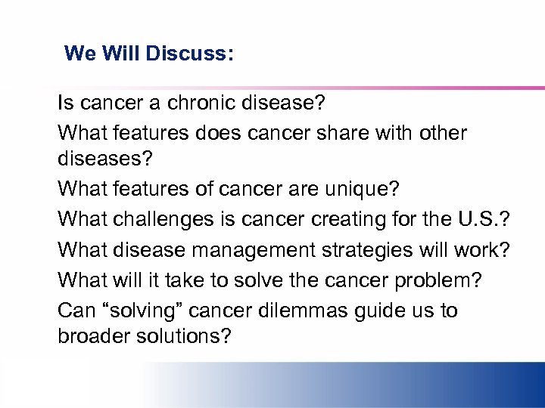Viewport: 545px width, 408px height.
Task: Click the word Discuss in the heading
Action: pos(189,54)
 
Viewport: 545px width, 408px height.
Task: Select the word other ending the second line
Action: pos(441,133)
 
